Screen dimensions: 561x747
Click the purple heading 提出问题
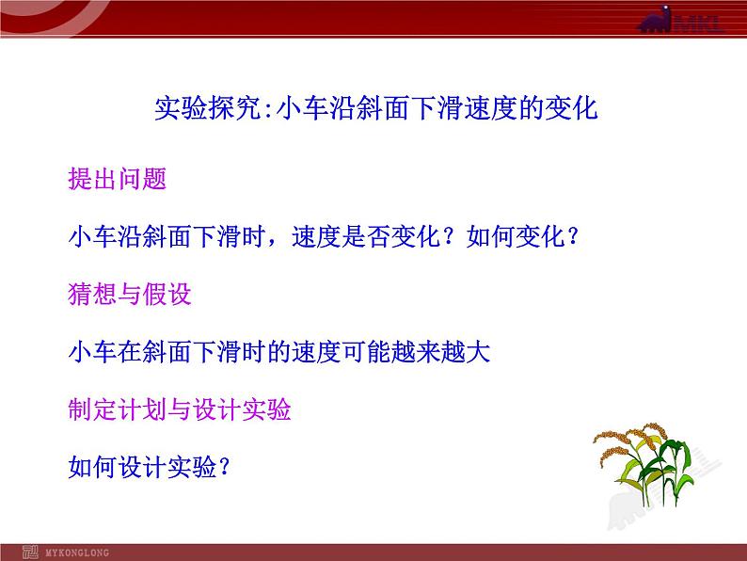click(x=118, y=179)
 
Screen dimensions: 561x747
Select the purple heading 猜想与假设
click(x=130, y=295)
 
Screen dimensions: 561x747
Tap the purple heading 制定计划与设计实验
click(x=180, y=409)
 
